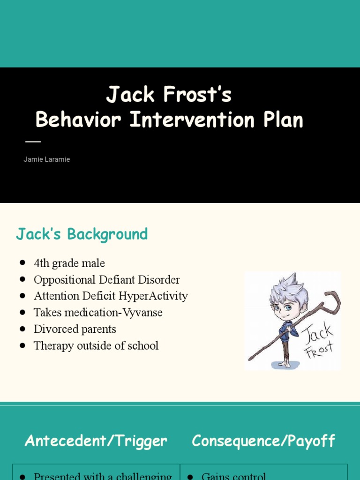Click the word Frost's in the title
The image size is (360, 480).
[197, 95]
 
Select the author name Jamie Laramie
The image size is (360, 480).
[47, 159]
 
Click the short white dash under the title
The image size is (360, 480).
[33, 141]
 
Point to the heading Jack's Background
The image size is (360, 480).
[82, 234]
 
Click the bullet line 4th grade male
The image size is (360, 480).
[69, 263]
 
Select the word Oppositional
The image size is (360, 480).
[65, 280]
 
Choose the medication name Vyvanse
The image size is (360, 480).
[141, 313]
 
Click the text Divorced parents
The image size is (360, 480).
[75, 329]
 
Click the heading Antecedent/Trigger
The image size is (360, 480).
[96, 441]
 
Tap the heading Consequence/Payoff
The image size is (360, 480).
[263, 441]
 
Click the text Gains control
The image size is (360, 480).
[234, 476]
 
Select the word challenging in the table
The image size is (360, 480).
[148, 476]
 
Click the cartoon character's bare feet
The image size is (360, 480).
[284, 363]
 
